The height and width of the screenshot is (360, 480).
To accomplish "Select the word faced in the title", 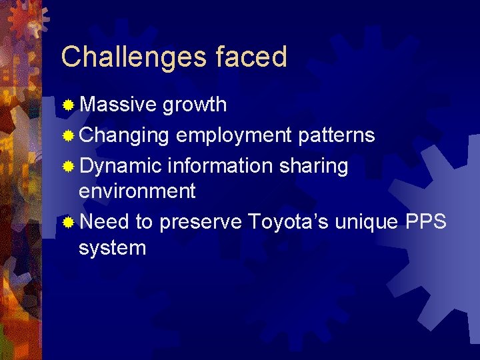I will (251, 57).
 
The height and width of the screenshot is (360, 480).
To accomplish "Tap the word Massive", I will (118, 105).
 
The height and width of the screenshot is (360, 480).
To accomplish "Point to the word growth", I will (195, 105).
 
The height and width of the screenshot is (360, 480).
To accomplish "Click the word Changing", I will (124, 135).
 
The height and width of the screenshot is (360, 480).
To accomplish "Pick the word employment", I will (234, 135).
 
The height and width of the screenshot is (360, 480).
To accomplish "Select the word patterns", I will (337, 135).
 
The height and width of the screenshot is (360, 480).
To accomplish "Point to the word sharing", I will (313, 166).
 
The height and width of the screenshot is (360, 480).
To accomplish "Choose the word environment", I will (137, 191).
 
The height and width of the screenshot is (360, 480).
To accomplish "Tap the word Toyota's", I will (288, 221).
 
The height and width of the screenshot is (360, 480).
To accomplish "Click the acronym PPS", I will (426, 221).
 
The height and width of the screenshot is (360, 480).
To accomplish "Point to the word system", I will (112, 248).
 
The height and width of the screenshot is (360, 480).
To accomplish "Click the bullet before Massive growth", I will (68, 105).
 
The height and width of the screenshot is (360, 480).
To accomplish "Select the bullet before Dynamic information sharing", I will (68, 166).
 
